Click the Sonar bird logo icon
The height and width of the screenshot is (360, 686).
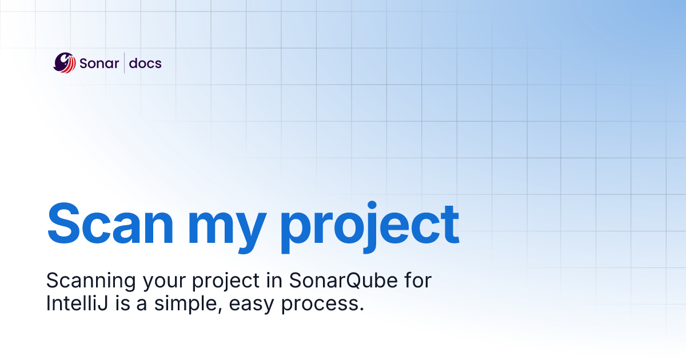point(65,62)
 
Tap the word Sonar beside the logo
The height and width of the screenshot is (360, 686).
point(99,63)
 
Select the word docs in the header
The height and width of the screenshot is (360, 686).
point(145,63)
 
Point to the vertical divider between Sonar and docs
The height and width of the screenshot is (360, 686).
point(124,63)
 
